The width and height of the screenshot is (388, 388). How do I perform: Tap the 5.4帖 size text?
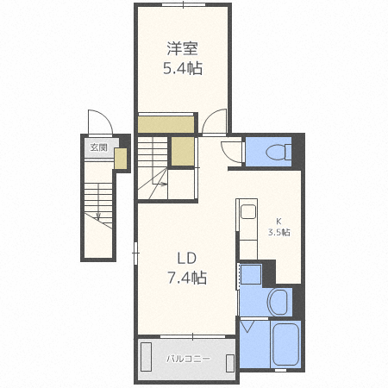point(183,69)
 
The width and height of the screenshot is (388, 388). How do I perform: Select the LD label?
point(187,258)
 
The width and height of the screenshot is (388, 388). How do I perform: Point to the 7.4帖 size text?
point(187,278)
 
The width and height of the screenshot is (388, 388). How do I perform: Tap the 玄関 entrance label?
point(98,147)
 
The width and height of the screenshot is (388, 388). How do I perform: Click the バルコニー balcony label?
point(184,357)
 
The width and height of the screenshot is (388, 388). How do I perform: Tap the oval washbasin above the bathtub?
point(279,302)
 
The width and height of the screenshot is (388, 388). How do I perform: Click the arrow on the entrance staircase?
point(98,216)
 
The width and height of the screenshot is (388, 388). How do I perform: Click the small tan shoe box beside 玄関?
point(121,158)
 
